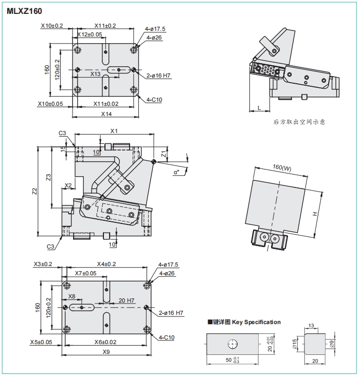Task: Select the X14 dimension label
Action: (106, 114)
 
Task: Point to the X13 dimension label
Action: (95, 74)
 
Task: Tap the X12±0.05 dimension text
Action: (89, 34)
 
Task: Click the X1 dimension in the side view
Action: (114, 131)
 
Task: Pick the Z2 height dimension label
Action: (34, 191)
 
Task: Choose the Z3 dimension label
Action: (48, 177)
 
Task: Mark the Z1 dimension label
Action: (164, 154)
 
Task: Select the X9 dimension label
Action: (106, 352)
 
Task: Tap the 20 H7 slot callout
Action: (126, 300)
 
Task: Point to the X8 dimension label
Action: (72, 296)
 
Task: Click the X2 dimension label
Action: (68, 185)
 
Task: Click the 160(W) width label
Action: (282, 167)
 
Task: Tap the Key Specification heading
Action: (244, 322)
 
